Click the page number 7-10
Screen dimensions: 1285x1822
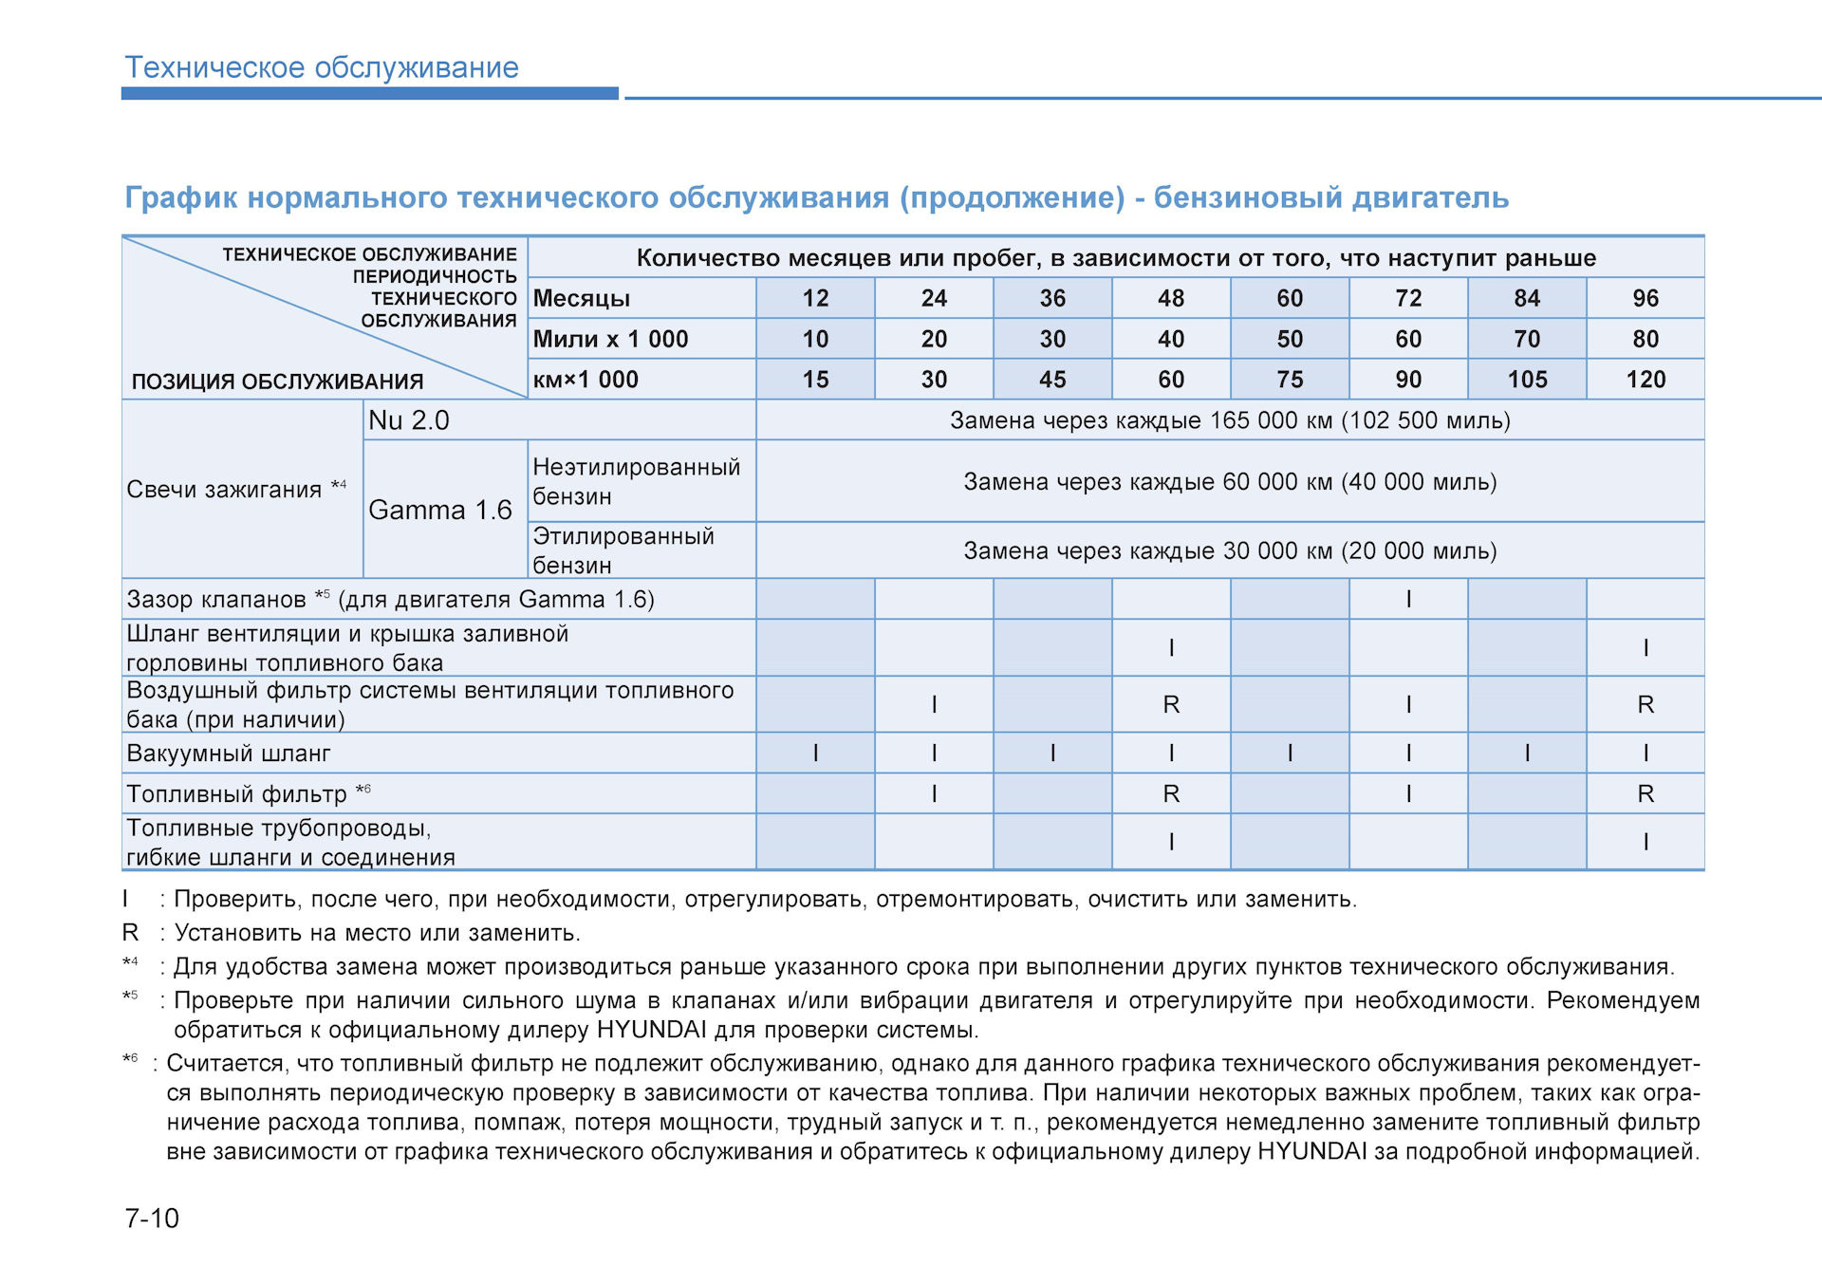tap(152, 1218)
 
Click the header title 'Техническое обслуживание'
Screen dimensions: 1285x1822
tap(322, 67)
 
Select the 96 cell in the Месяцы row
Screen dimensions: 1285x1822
tap(1645, 298)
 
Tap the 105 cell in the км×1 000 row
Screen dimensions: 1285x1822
tap(1527, 380)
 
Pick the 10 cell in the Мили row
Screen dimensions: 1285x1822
tap(815, 339)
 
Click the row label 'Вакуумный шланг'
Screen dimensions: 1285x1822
tap(229, 754)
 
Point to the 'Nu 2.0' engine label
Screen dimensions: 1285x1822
tap(409, 420)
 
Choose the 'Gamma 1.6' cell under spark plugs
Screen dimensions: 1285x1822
tap(440, 510)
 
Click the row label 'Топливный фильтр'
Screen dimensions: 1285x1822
tap(237, 793)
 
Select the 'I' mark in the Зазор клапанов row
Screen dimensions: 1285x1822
tap(1408, 599)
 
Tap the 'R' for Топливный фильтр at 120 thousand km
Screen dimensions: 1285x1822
tap(1645, 793)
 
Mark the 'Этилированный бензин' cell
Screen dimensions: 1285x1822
tap(623, 550)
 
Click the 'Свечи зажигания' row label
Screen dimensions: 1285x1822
tap(225, 490)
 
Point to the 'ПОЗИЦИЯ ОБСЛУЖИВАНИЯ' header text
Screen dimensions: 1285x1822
tap(277, 382)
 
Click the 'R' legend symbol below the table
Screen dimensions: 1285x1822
tap(131, 933)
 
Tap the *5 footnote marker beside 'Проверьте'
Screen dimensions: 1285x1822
tap(130, 996)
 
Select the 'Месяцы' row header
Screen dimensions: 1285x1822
tap(582, 298)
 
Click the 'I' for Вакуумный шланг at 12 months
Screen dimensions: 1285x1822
tap(815, 754)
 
